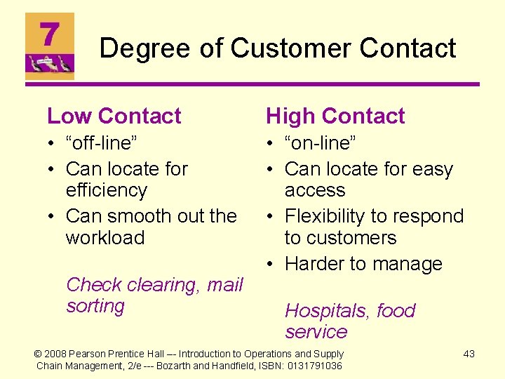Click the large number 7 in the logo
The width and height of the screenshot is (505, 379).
[49, 34]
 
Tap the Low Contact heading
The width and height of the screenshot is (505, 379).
[114, 116]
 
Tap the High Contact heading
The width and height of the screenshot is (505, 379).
[335, 116]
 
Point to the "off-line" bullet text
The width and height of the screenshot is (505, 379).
[102, 143]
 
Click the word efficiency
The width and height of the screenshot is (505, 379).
[107, 190]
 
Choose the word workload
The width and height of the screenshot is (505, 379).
[105, 237]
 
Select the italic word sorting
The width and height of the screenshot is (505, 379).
[95, 306]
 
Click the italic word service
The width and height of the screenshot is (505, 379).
[316, 332]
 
